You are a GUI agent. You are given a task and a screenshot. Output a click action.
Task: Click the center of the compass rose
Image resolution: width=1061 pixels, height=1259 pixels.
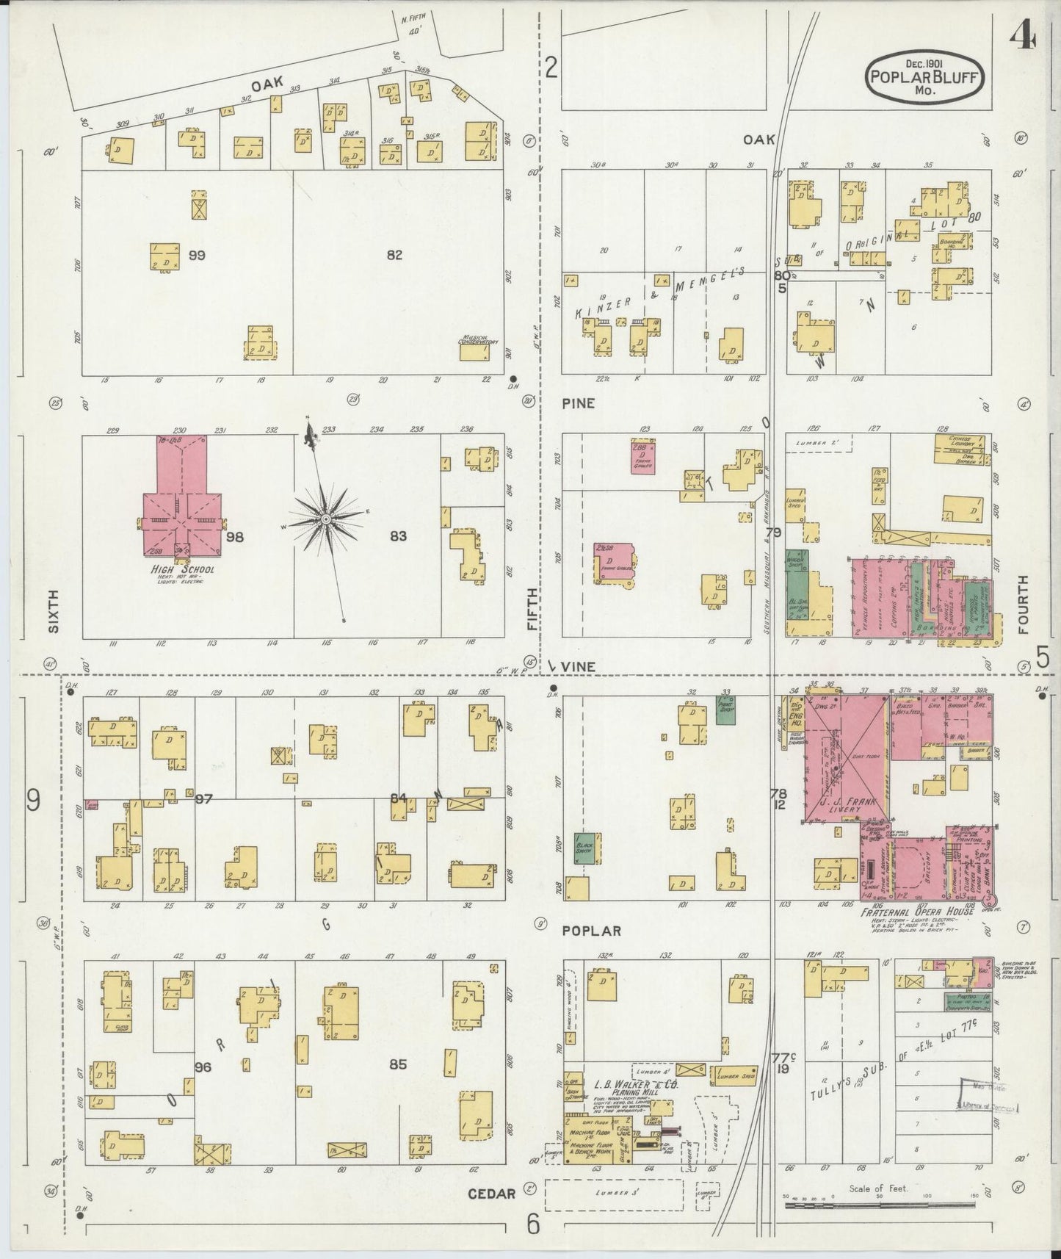(x=325, y=519)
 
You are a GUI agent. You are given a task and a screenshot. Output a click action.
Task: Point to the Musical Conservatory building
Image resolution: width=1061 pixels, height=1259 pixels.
(x=475, y=352)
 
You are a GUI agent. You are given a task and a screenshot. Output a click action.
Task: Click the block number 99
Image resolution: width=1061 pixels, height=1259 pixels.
(x=196, y=256)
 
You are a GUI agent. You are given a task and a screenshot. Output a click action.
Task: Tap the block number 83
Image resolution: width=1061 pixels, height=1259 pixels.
(x=398, y=536)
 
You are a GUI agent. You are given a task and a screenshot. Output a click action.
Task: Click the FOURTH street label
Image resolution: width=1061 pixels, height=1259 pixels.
(x=1023, y=605)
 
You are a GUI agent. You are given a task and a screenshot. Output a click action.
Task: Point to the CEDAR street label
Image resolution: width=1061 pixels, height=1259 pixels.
(x=491, y=1194)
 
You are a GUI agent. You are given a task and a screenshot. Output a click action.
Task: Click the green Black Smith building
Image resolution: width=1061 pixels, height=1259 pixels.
(x=587, y=848)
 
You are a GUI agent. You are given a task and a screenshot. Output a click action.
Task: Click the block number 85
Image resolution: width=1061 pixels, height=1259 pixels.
(x=398, y=1064)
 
